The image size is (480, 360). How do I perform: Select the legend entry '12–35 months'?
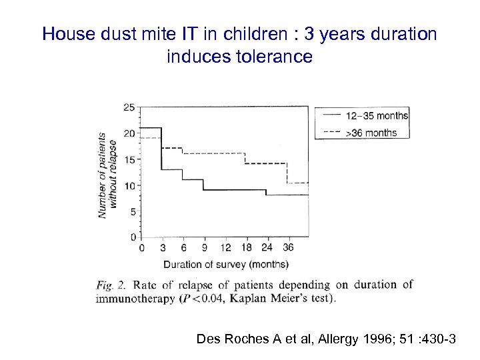click(x=377, y=116)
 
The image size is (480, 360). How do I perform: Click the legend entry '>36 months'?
click(x=371, y=132)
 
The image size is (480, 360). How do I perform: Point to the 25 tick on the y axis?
click(x=129, y=107)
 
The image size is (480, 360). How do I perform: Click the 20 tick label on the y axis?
click(x=129, y=133)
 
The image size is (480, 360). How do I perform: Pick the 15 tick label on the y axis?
click(x=129, y=159)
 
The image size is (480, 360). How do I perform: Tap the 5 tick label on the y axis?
click(x=132, y=211)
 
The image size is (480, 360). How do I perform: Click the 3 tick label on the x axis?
click(x=162, y=248)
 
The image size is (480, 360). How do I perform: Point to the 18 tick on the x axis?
click(x=246, y=248)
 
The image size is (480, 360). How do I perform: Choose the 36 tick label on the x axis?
click(x=288, y=248)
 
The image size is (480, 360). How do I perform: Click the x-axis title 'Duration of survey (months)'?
click(x=225, y=263)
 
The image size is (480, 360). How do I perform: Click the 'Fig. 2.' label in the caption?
click(x=113, y=285)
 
